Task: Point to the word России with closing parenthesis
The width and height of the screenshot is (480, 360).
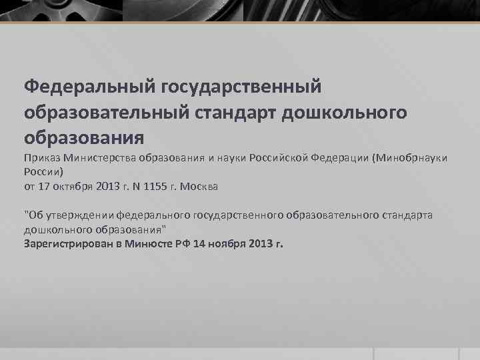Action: pos(43,171)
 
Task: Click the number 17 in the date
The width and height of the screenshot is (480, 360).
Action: pos(45,187)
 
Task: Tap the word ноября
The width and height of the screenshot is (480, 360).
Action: pos(226,243)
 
